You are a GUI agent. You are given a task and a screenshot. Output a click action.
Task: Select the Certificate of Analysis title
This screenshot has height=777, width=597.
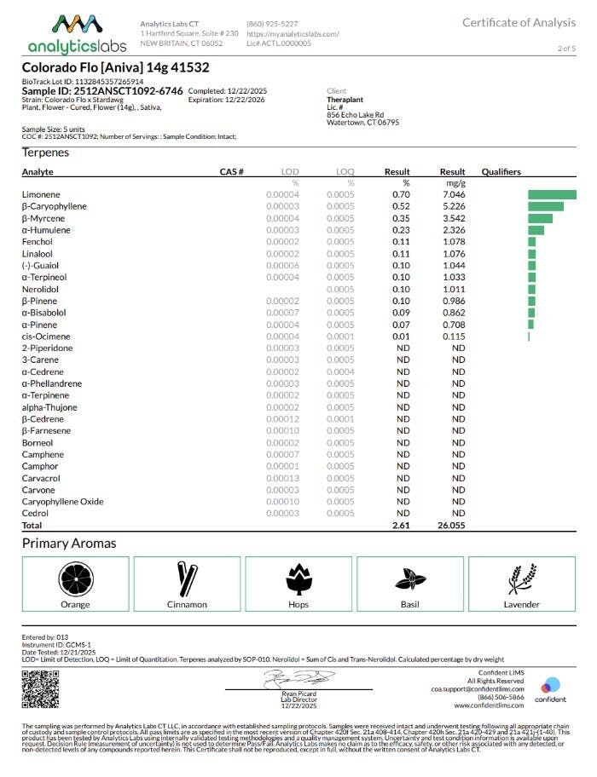[x=519, y=22]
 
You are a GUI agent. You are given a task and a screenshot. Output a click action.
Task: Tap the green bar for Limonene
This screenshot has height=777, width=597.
[x=552, y=195]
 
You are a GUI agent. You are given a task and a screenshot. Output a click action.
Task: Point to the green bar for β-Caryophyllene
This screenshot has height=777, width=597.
[x=546, y=207]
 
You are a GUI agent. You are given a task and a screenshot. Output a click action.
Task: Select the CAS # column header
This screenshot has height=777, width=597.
[x=232, y=172]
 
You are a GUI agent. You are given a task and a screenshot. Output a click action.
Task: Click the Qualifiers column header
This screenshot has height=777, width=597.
[x=501, y=172]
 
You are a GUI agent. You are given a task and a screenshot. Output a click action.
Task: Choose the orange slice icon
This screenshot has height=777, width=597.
[x=75, y=579]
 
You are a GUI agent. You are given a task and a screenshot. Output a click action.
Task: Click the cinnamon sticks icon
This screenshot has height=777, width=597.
[x=187, y=579]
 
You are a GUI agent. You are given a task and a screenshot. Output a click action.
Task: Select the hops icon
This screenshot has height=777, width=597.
[x=298, y=579]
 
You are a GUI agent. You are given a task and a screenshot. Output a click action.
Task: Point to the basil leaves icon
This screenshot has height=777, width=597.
[x=409, y=579]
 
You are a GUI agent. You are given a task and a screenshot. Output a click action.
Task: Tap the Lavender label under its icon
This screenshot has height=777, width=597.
[x=521, y=605]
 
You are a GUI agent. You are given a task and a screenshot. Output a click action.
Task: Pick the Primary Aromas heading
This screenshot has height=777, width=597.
[x=69, y=544]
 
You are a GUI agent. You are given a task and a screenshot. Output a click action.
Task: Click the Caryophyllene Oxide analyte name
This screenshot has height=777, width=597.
[x=62, y=502]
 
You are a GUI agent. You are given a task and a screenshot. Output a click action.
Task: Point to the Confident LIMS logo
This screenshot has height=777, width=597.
[x=550, y=688]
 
